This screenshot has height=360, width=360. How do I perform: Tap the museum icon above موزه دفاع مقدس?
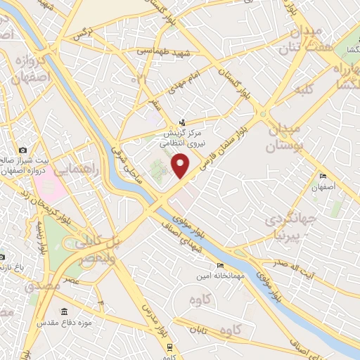point(65,311)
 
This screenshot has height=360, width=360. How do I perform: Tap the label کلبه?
point(304,90)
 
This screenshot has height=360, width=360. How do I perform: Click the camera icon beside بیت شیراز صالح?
point(24,150)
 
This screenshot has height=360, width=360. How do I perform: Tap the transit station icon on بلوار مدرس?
point(170,347)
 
